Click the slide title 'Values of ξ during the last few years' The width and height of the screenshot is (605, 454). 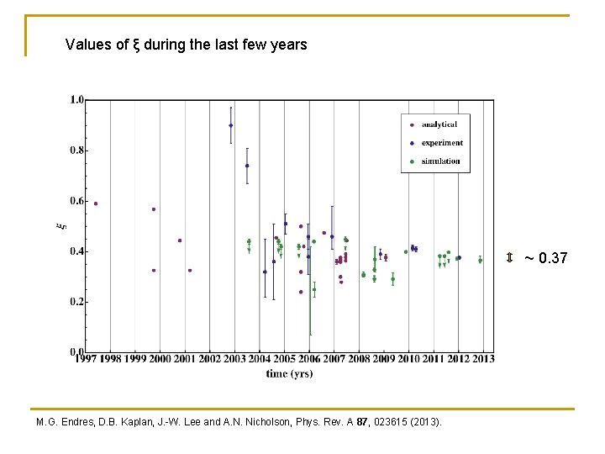186,45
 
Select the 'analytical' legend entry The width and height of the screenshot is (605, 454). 439,124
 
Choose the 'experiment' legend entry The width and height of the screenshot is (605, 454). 441,143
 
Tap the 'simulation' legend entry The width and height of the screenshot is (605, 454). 440,161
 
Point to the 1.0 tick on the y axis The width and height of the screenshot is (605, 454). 76,100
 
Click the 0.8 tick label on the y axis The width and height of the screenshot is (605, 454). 76,150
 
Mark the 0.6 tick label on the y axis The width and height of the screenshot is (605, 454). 76,201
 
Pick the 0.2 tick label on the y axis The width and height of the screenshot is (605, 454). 76,302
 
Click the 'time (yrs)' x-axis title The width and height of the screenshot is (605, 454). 290,374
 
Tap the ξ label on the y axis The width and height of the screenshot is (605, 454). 59,225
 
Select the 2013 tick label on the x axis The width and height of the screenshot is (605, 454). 483,360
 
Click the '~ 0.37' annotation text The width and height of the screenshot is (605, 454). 546,258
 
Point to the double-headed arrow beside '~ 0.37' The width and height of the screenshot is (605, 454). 509,257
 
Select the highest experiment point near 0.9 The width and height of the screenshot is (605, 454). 231,125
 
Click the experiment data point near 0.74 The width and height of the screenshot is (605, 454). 247,166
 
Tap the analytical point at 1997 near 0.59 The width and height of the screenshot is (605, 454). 96,203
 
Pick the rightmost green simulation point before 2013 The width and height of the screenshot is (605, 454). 480,261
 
